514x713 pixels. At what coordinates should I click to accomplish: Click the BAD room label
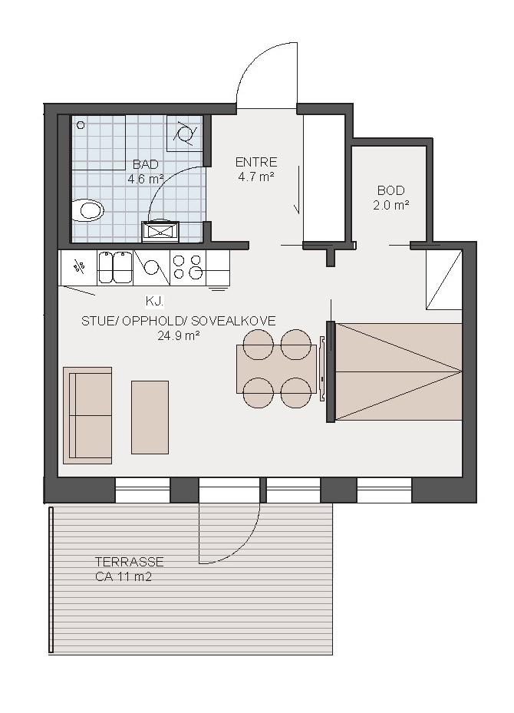point(146,164)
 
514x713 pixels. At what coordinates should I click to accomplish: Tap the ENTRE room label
point(256,162)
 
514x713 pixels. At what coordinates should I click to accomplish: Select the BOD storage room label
point(390,190)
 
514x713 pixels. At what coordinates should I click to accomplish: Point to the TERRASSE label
point(130,562)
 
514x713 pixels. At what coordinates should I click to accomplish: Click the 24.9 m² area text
point(179,336)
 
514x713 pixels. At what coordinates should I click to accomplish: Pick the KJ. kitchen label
point(154,301)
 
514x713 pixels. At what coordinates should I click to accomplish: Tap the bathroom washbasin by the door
point(160,232)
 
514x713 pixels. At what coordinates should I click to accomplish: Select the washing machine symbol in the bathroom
point(185,134)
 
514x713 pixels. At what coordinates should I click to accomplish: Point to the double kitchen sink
point(114,267)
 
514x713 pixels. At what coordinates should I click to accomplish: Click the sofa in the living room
point(87,415)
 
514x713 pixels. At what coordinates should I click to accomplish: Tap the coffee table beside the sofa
point(150,418)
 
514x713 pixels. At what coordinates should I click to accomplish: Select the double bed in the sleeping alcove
point(399,371)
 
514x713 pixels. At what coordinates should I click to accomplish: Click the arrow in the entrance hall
point(298,190)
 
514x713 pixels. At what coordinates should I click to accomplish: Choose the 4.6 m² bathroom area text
point(146,179)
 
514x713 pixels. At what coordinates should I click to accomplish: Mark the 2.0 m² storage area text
point(391,205)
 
